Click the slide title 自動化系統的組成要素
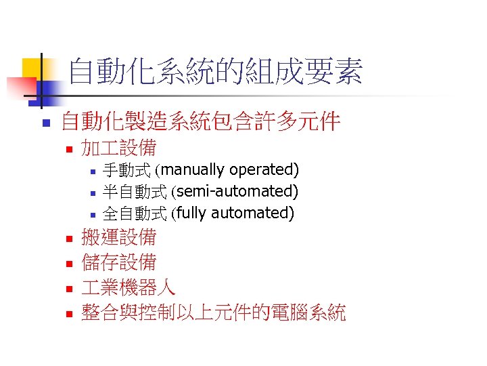click(x=216, y=72)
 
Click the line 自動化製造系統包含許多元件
click(x=200, y=122)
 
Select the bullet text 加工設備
click(x=118, y=147)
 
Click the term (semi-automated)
click(x=235, y=191)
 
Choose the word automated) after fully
click(x=253, y=213)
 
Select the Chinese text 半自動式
click(x=135, y=192)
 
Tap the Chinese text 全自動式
click(x=135, y=214)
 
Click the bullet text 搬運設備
click(x=118, y=237)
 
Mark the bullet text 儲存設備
click(x=118, y=262)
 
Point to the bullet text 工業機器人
click(x=129, y=287)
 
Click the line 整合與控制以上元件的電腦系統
click(x=213, y=312)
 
